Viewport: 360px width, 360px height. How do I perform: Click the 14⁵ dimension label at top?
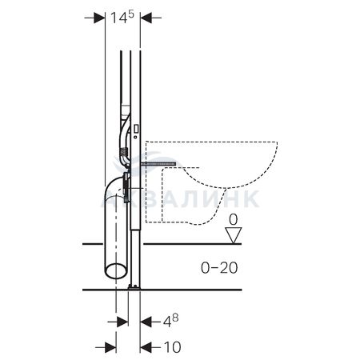point(122,18)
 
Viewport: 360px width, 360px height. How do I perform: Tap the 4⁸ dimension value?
point(170,321)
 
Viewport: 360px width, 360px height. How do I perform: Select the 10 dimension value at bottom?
point(173,347)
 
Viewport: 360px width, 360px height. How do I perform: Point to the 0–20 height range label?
point(219,268)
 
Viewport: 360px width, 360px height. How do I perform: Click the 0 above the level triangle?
point(234,220)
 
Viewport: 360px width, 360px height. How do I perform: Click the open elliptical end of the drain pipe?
point(115,270)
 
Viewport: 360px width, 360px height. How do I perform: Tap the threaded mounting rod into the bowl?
point(158,164)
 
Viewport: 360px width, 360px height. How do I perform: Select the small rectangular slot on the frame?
point(136,129)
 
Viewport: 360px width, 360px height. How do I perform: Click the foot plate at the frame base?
point(134,287)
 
